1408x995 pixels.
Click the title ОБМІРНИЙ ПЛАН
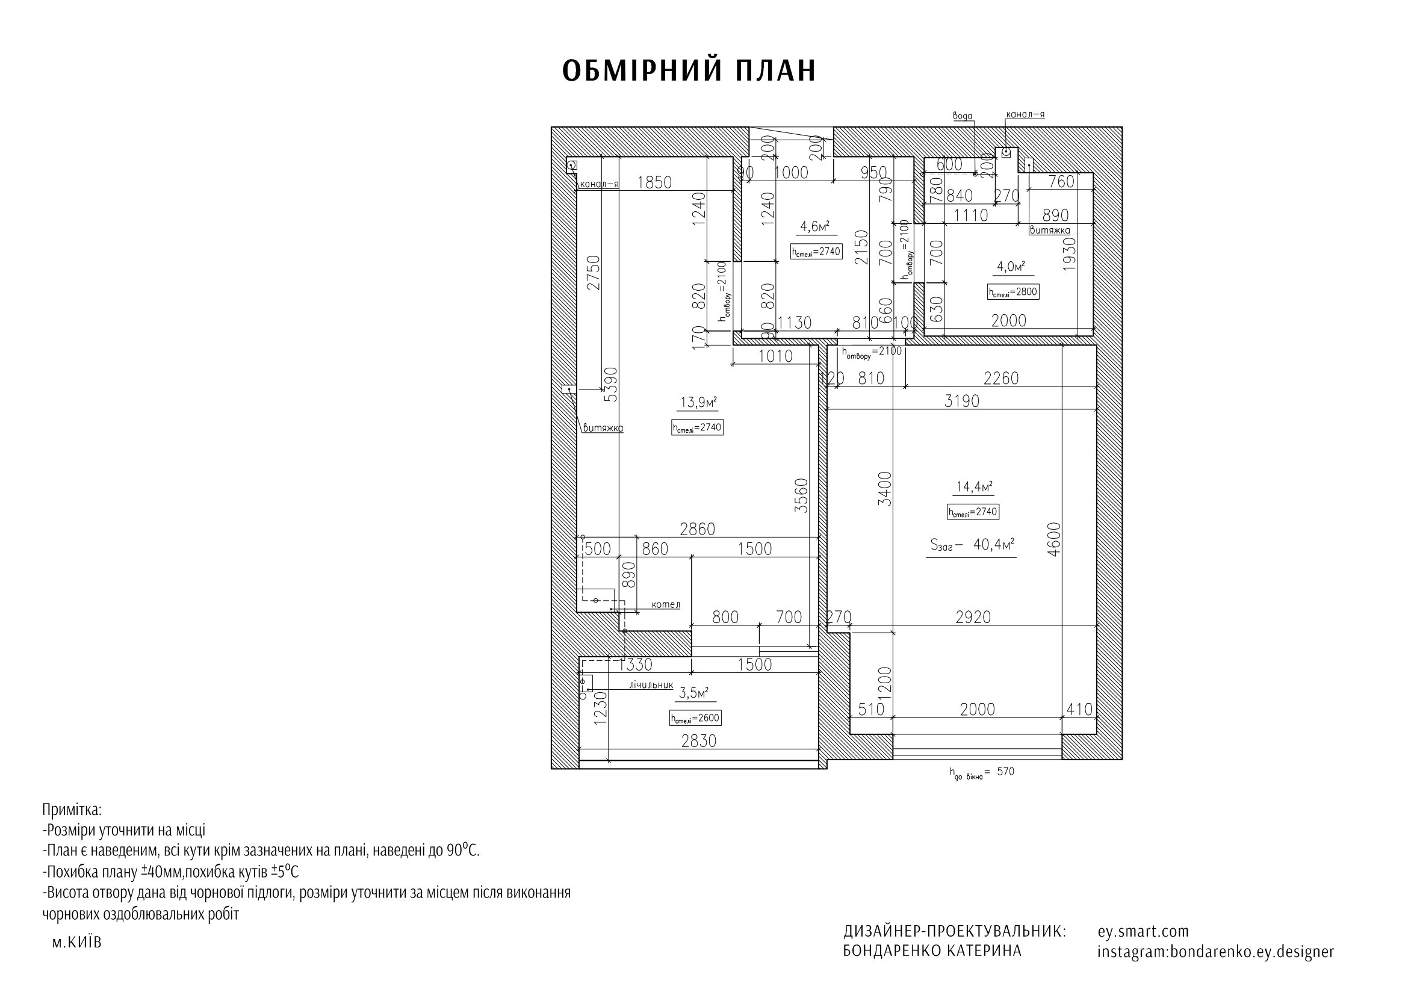click(x=689, y=71)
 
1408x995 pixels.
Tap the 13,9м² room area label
click(x=698, y=403)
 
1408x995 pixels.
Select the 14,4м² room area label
click(x=974, y=487)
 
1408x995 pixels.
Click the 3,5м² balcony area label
click(x=693, y=693)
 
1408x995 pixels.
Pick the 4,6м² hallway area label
click(x=814, y=227)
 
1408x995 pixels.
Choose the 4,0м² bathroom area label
click(x=1011, y=267)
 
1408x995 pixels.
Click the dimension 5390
click(x=611, y=385)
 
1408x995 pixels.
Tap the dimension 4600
click(x=1053, y=539)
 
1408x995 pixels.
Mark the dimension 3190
click(x=961, y=401)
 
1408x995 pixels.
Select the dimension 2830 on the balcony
click(x=698, y=741)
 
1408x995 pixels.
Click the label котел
click(x=665, y=604)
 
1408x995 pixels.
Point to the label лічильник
click(x=651, y=685)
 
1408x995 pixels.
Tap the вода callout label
click(x=962, y=116)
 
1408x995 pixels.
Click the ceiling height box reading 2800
click(x=1013, y=293)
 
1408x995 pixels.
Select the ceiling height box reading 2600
click(x=694, y=718)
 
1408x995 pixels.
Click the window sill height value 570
click(x=1006, y=772)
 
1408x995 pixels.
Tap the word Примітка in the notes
click(x=72, y=809)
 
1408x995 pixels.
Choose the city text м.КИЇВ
click(x=76, y=942)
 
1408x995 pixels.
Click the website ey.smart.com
click(x=1143, y=931)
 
